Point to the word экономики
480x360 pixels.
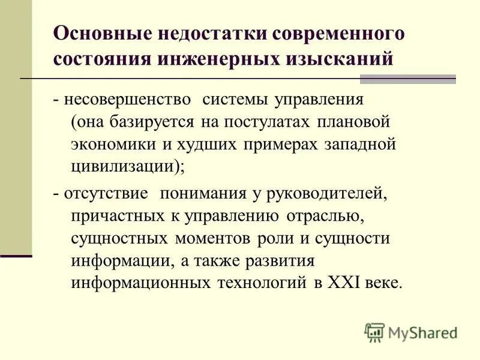tap(113, 145)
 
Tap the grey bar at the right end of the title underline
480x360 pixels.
tap(407, 79)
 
